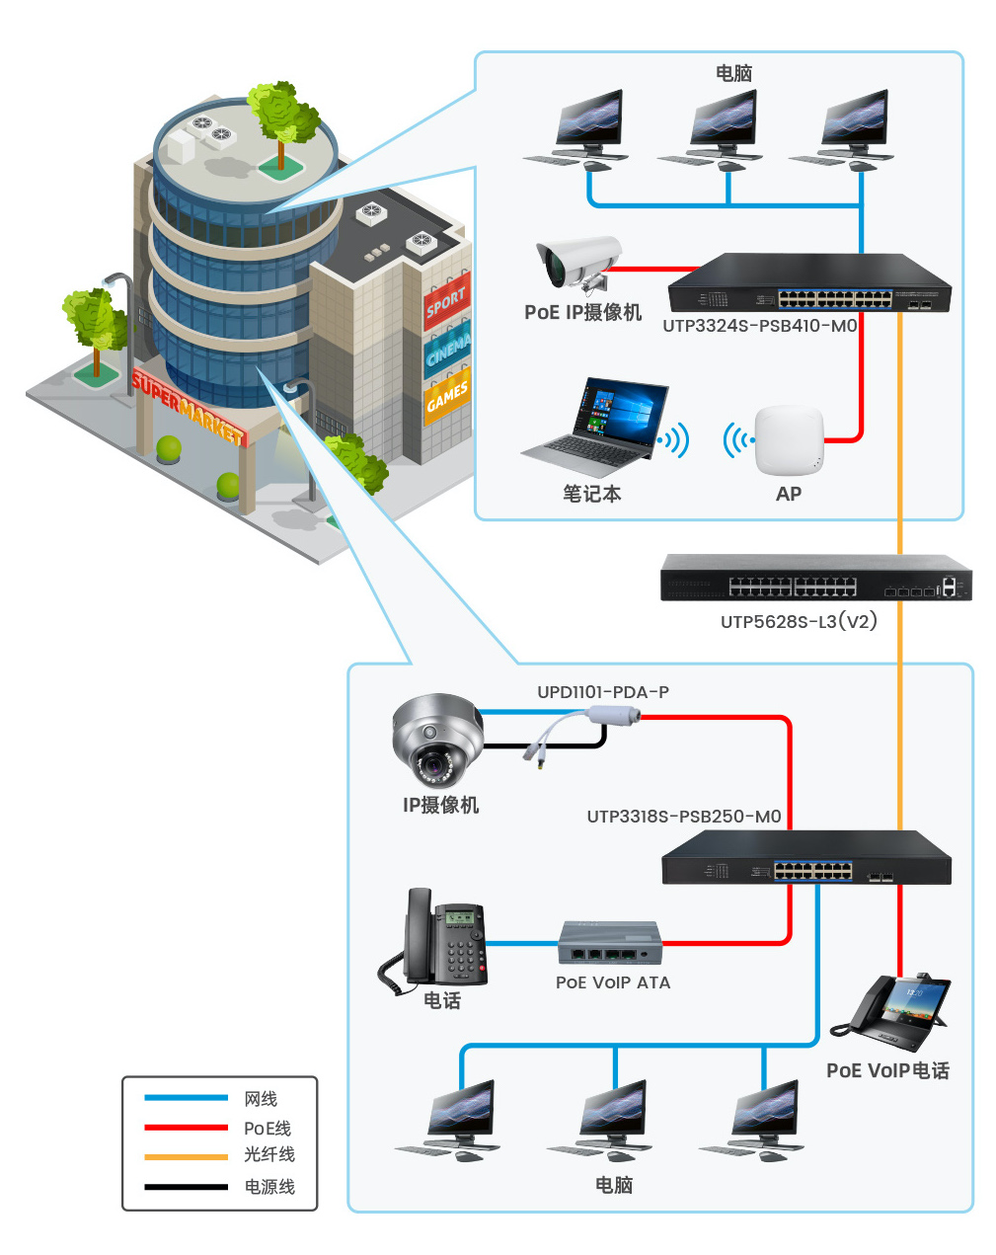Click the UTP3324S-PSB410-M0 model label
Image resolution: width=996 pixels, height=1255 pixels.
[759, 326]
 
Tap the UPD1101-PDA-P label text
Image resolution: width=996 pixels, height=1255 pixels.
[602, 692]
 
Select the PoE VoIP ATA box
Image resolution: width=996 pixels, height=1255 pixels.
[609, 943]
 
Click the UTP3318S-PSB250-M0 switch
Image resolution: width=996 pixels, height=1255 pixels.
[805, 857]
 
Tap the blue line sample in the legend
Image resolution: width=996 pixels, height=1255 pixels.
[186, 1098]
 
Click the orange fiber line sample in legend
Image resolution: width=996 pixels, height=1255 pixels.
[186, 1156]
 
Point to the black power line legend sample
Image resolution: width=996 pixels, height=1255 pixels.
[186, 1187]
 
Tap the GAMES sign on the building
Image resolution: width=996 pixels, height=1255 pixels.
[447, 396]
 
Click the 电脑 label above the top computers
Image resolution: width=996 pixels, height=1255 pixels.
[733, 73]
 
